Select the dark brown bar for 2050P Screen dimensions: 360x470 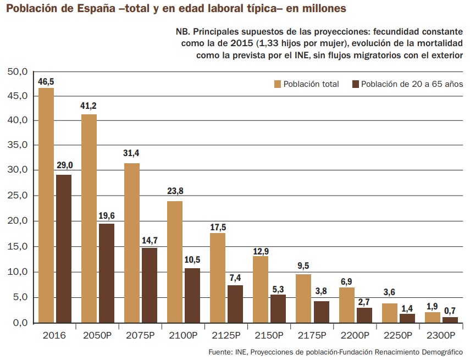pyautogui.click(x=107, y=273)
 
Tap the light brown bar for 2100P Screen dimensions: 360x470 pyautogui.click(x=175, y=262)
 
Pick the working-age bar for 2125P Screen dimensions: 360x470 pyautogui.click(x=235, y=303)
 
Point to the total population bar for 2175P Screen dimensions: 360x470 pyautogui.click(x=303, y=298)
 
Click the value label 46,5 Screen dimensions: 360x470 pyautogui.click(x=46, y=81)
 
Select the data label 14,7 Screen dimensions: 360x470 pyautogui.click(x=150, y=241)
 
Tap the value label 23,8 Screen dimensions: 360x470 pyautogui.click(x=175, y=192)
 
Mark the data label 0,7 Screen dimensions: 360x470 pyautogui.click(x=450, y=311)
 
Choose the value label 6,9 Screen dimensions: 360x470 pyautogui.click(x=346, y=281)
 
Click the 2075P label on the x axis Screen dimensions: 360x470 pyautogui.click(x=140, y=335)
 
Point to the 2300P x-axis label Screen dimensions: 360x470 pyautogui.click(x=440, y=335)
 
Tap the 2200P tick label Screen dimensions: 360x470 pyautogui.click(x=355, y=335)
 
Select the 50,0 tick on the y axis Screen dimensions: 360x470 pyautogui.click(x=17, y=71)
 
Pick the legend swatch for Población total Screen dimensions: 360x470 pyautogui.click(x=278, y=84)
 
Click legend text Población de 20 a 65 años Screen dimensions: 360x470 pyautogui.click(x=412, y=84)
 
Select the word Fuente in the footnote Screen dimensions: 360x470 pyautogui.click(x=220, y=352)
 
